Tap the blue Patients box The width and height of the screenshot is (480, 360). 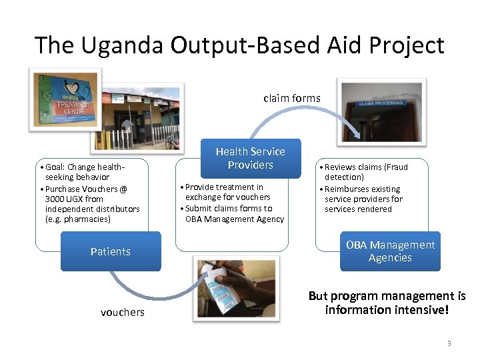pyautogui.click(x=111, y=251)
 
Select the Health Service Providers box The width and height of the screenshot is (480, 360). pyautogui.click(x=250, y=158)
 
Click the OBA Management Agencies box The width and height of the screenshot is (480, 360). pyautogui.click(x=390, y=251)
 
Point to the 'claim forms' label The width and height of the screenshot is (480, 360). pyautogui.click(x=291, y=98)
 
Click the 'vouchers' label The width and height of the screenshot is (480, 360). pyautogui.click(x=122, y=312)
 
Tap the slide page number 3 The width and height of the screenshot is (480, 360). pyautogui.click(x=449, y=343)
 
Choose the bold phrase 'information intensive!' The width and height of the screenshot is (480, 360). pyautogui.click(x=387, y=310)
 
